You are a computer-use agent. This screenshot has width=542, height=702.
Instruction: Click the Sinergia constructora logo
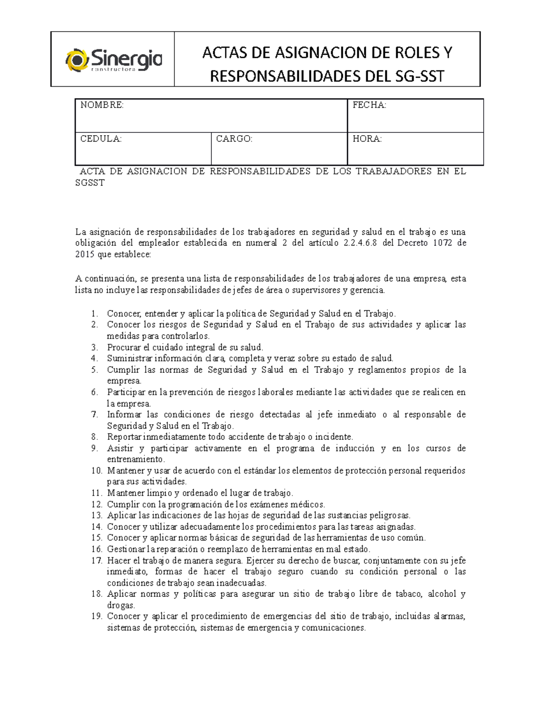114,60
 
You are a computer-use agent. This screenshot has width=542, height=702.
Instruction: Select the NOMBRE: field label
102,105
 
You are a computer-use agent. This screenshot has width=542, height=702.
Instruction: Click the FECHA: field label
369,105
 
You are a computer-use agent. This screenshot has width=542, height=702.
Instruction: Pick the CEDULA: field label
101,139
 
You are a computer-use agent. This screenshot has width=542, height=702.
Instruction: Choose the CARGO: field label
234,139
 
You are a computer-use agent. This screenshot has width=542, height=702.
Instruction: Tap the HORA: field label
367,139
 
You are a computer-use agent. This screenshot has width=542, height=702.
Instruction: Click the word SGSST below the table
89,183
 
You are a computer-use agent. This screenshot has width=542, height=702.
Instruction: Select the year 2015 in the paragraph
84,254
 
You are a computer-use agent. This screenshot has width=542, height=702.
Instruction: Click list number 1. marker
94,314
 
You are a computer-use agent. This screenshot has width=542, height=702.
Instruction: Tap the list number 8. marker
94,437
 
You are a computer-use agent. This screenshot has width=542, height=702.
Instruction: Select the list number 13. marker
97,515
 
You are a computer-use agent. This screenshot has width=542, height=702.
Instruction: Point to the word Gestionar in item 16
126,549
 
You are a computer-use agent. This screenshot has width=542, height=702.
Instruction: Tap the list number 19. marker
97,617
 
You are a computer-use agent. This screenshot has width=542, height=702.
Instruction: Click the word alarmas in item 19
449,617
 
